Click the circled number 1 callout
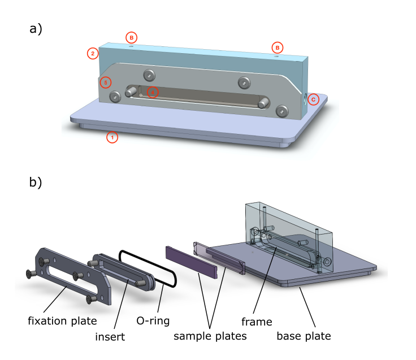point(112,137)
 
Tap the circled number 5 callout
point(105,83)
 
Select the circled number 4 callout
point(151,92)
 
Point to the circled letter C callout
point(313,99)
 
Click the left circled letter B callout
point(131,37)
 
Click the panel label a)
point(36,29)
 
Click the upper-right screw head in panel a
point(244,83)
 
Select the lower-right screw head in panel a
point(282,111)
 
